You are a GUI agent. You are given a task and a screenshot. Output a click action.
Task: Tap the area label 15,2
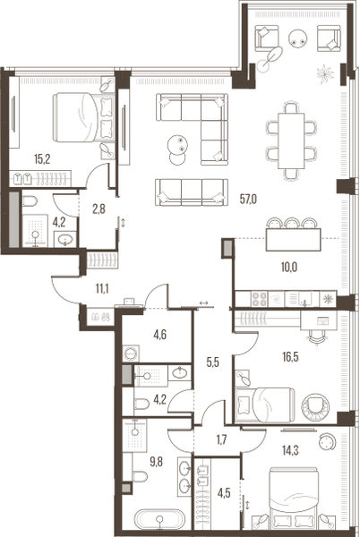coord(42,159)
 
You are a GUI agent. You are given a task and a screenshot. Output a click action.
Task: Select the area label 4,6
coord(161,337)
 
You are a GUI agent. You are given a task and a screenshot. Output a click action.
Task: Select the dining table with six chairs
coord(292,136)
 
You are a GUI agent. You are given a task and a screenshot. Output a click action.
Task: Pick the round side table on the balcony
coord(298,38)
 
